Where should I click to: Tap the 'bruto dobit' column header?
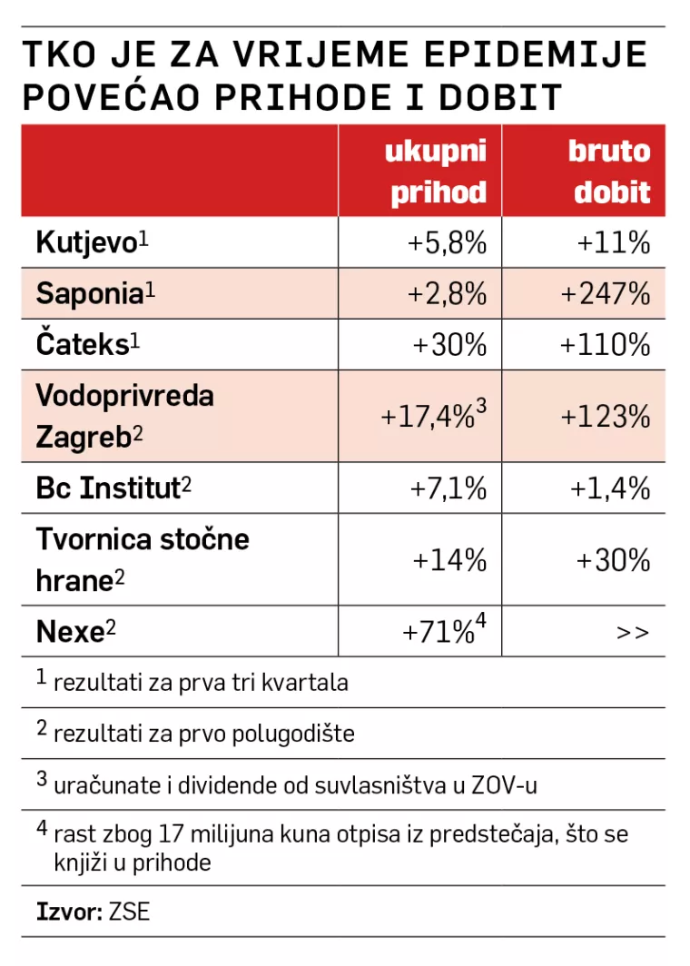(x=610, y=171)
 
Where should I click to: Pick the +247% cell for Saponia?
(x=606, y=293)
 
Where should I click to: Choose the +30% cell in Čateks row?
(x=450, y=345)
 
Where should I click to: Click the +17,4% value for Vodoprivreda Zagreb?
(x=429, y=417)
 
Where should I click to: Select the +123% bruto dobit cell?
(x=606, y=417)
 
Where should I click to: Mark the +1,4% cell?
(x=611, y=488)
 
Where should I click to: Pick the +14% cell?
(x=450, y=560)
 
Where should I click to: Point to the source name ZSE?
(x=129, y=911)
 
